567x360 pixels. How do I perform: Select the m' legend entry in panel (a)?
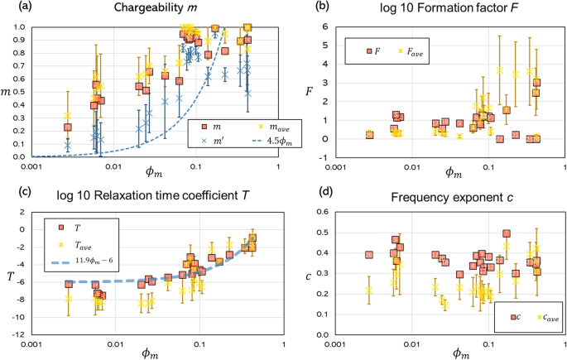pos(207,142)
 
